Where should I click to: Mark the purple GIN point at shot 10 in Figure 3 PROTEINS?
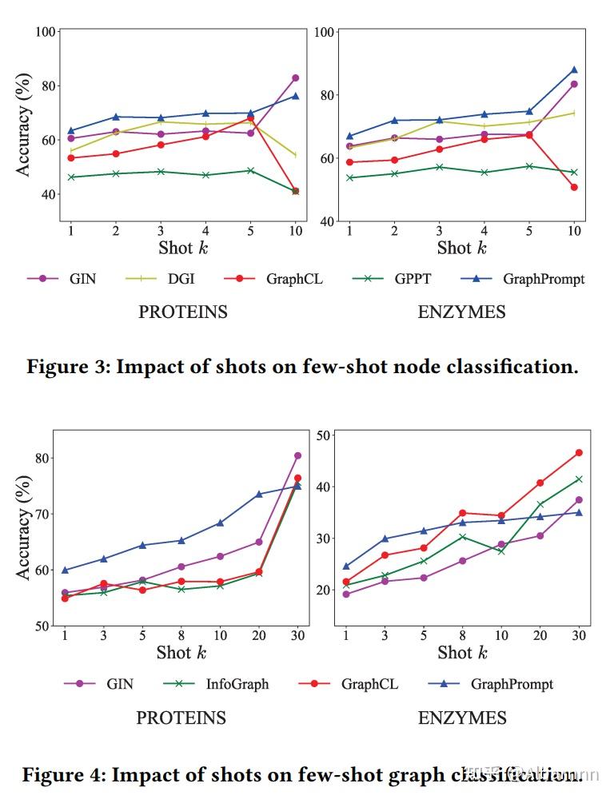[x=295, y=78]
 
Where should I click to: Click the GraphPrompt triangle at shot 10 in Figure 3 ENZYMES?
[x=574, y=70]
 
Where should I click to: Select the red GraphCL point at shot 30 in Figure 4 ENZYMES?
[x=579, y=452]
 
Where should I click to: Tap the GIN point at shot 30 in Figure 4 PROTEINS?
[x=297, y=455]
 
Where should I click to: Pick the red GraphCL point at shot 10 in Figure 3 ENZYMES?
[x=574, y=187]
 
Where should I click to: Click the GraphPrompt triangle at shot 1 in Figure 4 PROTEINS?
[x=66, y=570]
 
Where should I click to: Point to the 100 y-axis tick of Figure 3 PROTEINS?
[x=46, y=32]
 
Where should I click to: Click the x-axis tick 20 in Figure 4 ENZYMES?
[x=540, y=634]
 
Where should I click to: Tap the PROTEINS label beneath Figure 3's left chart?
[x=183, y=312]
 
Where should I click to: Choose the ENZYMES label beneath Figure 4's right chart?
[x=461, y=718]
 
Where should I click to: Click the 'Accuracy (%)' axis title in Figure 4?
[x=25, y=528]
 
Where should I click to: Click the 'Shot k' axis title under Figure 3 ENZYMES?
[x=462, y=248]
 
